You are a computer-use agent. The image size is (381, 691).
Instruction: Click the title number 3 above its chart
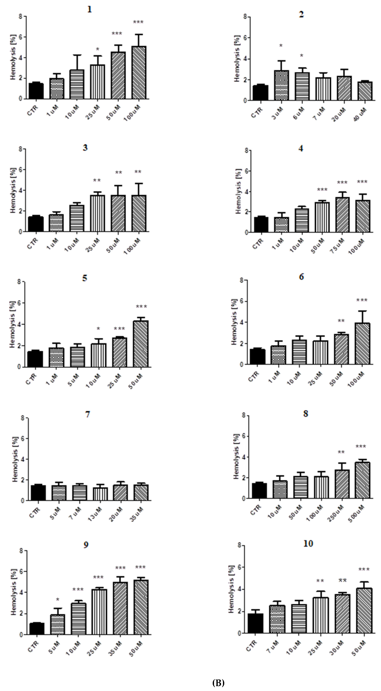pos(85,148)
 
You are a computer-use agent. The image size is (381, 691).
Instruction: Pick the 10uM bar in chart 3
pos(77,218)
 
